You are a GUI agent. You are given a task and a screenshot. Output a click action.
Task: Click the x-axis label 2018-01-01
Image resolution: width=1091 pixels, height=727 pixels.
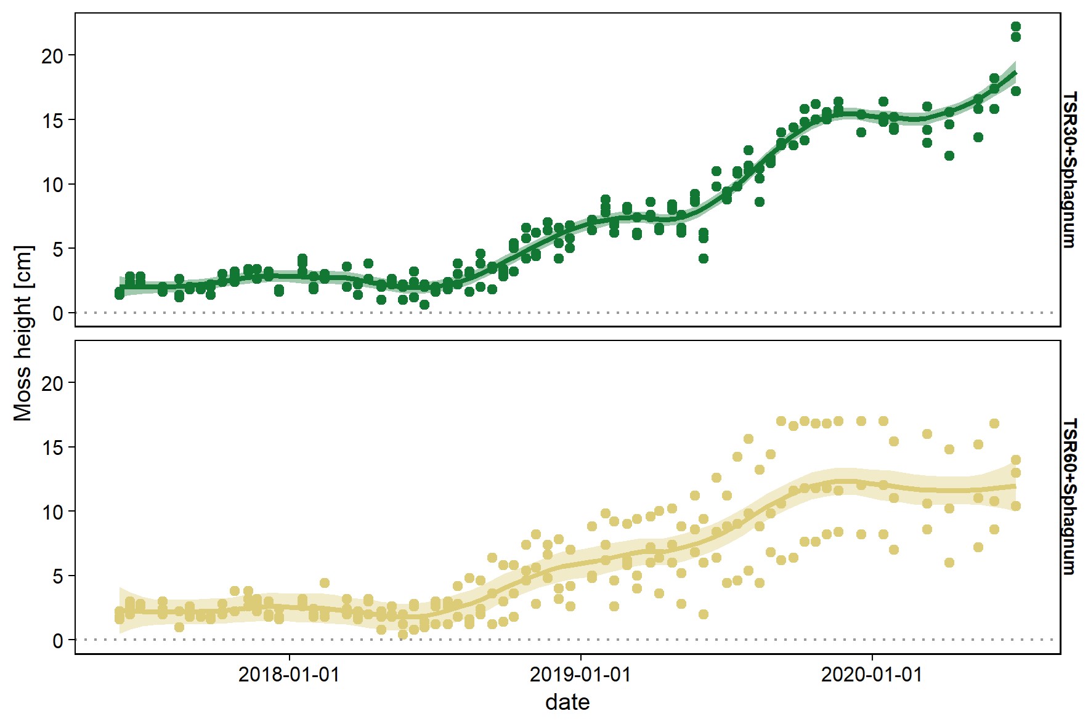288,675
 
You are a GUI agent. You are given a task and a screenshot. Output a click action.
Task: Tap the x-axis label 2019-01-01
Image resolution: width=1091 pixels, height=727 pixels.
580,675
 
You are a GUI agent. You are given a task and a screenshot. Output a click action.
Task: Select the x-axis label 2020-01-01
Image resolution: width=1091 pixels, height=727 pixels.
872,675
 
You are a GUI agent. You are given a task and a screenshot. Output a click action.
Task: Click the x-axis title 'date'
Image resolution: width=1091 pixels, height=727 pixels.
567,702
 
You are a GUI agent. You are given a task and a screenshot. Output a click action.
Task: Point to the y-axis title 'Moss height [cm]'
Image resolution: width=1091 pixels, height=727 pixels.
23,333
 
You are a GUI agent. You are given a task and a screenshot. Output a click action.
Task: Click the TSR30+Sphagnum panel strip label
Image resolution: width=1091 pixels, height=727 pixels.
1071,170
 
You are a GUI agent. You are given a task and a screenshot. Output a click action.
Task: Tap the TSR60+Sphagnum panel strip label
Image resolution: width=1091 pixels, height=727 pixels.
1071,497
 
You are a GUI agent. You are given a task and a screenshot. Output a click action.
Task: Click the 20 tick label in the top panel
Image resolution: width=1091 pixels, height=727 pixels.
52,56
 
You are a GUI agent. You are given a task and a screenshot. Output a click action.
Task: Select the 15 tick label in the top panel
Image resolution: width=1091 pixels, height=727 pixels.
52,121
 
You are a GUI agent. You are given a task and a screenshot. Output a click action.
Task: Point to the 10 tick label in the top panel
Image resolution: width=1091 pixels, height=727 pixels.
52,185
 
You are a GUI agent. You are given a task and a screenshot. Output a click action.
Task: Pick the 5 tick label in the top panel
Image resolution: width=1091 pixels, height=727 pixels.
58,249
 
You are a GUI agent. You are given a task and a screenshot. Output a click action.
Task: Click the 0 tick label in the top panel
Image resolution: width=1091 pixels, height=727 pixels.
58,313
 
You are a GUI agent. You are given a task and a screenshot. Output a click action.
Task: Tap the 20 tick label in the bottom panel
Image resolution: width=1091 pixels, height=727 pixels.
52,384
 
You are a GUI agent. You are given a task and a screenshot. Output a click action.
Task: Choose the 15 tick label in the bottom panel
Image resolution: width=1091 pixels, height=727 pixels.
52,448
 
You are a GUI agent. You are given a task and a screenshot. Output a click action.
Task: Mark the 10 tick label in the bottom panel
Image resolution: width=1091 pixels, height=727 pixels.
52,512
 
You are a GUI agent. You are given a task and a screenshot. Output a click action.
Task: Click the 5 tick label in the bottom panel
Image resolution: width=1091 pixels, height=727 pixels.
58,576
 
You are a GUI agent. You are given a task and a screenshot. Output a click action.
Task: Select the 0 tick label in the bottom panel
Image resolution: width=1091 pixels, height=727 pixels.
58,641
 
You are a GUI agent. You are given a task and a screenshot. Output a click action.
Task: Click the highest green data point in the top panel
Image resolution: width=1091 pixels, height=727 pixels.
1016,26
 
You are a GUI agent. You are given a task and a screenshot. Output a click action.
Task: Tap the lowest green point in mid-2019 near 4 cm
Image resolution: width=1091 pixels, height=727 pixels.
704,259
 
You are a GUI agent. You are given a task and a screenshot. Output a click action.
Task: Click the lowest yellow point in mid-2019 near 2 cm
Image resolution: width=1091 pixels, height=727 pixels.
704,614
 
